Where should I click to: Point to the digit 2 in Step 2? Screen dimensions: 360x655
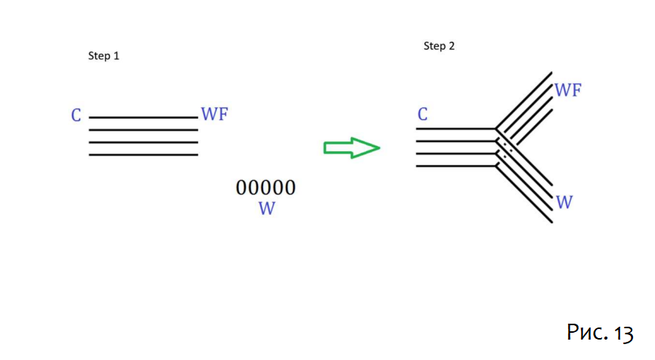coord(452,46)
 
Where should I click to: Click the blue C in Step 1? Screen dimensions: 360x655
coord(76,116)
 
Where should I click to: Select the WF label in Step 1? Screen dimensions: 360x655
coord(214,114)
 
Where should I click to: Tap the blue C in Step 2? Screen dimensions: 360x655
coord(423,115)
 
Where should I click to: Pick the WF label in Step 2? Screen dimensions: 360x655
coord(568,91)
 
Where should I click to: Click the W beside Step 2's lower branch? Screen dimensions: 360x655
coord(564,202)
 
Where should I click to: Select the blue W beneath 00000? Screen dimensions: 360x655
coord(266,209)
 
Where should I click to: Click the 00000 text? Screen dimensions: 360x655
coord(265,188)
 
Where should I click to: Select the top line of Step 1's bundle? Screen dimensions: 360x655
coord(143,118)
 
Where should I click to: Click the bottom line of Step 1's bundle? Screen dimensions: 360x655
coord(143,155)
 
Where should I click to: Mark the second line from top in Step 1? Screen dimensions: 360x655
coord(143,130)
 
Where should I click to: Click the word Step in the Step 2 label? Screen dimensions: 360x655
coord(434,46)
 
